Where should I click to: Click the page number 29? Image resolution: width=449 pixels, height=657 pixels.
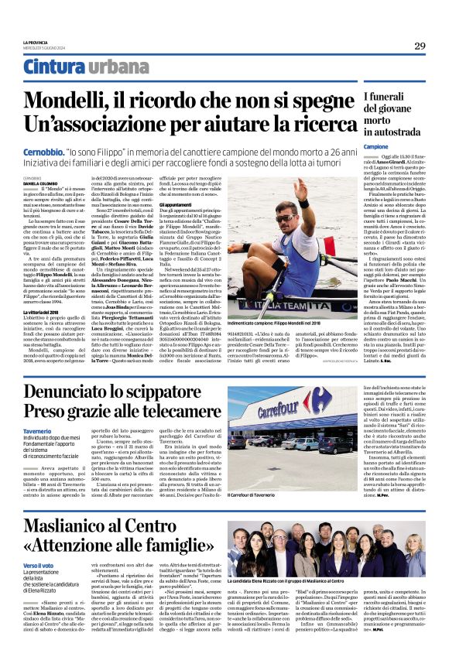pyautogui.click(x=419, y=46)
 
